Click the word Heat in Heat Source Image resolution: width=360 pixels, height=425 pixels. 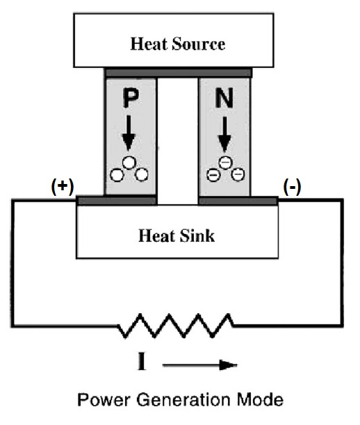pyautogui.click(x=149, y=44)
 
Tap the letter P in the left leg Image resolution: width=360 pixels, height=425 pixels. pyautogui.click(x=131, y=99)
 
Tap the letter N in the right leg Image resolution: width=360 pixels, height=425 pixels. pyautogui.click(x=224, y=99)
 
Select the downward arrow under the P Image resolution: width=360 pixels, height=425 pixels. pyautogui.click(x=129, y=133)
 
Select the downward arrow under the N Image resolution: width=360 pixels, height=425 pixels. pyautogui.click(x=224, y=134)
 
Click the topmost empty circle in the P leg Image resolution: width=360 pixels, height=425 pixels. pyautogui.click(x=129, y=163)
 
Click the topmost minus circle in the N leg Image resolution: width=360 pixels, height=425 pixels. pyautogui.click(x=226, y=162)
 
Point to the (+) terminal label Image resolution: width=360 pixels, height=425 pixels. pyautogui.click(x=63, y=187)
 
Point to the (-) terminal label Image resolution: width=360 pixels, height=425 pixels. pyautogui.click(x=292, y=187)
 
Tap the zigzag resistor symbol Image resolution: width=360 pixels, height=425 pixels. pyautogui.click(x=175, y=326)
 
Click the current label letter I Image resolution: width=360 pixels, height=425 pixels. pyautogui.click(x=142, y=361)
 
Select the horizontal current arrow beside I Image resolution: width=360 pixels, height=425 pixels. pyautogui.click(x=199, y=365)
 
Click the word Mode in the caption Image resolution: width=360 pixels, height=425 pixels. pyautogui.click(x=260, y=399)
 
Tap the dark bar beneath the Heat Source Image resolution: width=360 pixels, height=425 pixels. pyautogui.click(x=178, y=73)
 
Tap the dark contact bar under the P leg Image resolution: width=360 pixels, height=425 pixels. pyautogui.click(x=117, y=201)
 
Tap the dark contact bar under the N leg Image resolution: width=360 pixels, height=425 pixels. pyautogui.click(x=238, y=201)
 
